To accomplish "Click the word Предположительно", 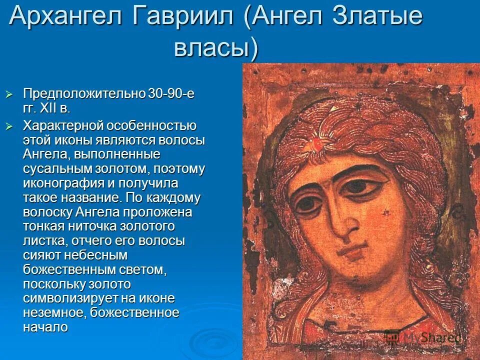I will [x=84, y=93].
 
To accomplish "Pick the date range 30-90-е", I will [x=170, y=93].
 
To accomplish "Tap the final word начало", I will [x=45, y=328].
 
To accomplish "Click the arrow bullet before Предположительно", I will [x=8, y=94].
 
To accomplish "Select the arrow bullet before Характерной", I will [x=8, y=126].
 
